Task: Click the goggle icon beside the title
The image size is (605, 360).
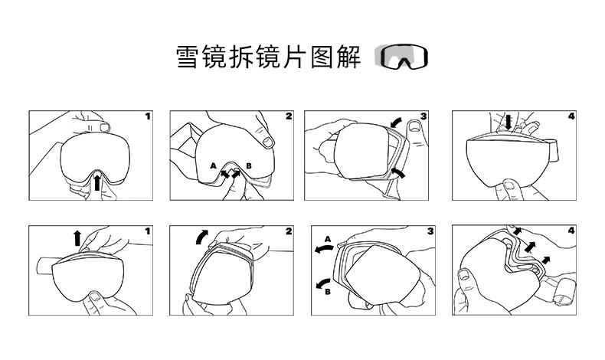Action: click(x=401, y=57)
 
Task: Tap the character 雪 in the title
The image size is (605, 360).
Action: click(x=188, y=57)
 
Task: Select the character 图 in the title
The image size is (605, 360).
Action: click(x=322, y=57)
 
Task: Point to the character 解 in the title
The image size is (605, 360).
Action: click(x=348, y=57)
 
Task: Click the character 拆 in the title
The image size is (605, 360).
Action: click(x=241, y=57)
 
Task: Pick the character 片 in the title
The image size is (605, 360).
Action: click(x=295, y=57)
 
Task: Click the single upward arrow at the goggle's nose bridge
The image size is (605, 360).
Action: click(x=97, y=182)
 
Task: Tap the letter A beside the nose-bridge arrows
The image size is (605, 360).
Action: click(x=214, y=166)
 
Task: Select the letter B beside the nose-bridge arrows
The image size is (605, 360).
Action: click(x=249, y=166)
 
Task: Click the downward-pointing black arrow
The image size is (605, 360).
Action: click(x=509, y=122)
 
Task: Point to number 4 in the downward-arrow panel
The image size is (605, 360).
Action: click(x=571, y=116)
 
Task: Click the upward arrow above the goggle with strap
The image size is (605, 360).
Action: click(x=77, y=237)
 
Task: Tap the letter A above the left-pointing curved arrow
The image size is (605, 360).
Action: click(x=328, y=239)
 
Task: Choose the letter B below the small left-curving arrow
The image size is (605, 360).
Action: click(x=328, y=292)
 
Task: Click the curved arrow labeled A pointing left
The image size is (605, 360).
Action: click(x=323, y=249)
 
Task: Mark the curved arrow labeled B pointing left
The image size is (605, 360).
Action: click(x=323, y=283)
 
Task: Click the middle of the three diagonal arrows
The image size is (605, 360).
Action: click(x=530, y=247)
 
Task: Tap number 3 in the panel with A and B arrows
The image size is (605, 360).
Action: click(x=430, y=231)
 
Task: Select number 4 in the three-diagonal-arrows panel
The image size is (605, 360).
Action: click(x=571, y=231)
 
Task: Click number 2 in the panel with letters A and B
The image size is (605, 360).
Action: click(x=289, y=116)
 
